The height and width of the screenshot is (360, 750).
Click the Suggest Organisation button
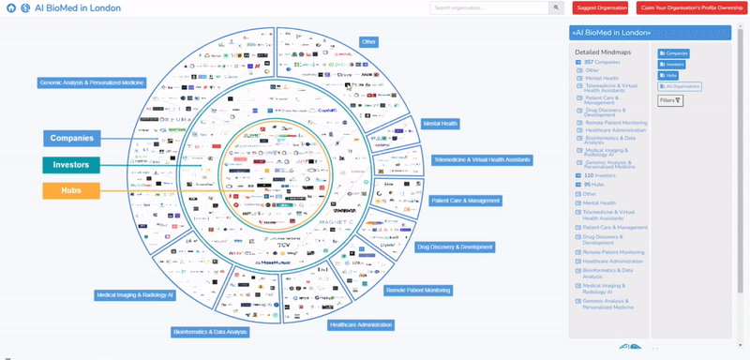(601, 7)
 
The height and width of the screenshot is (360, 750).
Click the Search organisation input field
(498, 7)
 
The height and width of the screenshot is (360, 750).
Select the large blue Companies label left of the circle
(72, 139)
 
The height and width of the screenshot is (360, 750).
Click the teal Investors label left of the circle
(72, 164)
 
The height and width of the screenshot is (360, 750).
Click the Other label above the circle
(368, 41)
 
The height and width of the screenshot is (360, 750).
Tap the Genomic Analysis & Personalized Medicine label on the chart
(91, 82)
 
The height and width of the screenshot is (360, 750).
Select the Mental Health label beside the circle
(440, 123)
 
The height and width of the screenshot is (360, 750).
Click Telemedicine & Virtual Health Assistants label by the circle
(482, 159)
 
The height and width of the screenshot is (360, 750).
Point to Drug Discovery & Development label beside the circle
(455, 247)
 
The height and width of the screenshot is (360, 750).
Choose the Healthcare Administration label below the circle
(360, 324)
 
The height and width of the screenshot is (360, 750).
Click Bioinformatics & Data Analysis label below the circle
(210, 331)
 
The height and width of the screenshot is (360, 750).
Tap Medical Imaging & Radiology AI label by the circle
(135, 294)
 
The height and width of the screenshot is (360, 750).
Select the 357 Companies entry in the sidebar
(602, 62)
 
